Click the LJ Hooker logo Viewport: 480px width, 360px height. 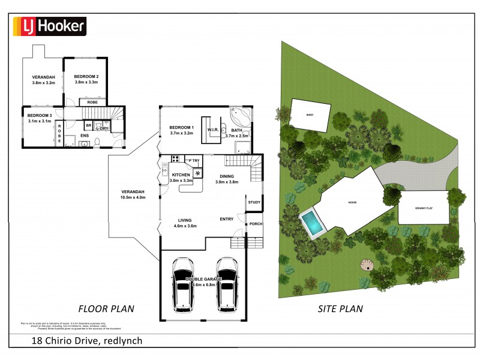[x=50, y=26]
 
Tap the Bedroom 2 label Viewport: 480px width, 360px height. [x=86, y=77]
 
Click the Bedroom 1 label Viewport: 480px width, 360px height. [x=181, y=128]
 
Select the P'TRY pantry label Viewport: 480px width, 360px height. [x=193, y=161]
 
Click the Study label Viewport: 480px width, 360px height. [x=254, y=202]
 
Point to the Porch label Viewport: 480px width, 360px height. [x=256, y=224]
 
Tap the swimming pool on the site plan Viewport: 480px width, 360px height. [x=312, y=223]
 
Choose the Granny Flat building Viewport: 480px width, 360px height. [x=424, y=208]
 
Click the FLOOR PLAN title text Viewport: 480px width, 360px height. [x=106, y=308]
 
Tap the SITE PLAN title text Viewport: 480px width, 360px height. [x=340, y=309]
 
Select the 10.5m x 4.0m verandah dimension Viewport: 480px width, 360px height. [x=133, y=197]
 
